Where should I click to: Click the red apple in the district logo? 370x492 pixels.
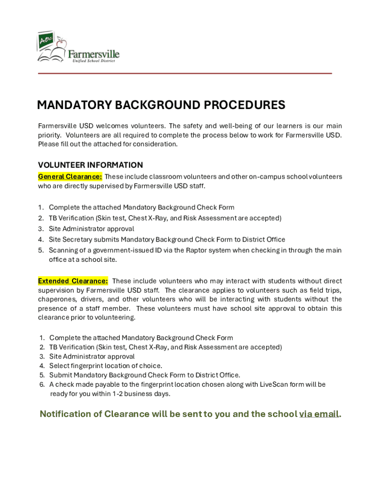pyautogui.click(x=61, y=45)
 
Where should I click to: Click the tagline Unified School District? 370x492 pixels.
pyautogui.click(x=94, y=61)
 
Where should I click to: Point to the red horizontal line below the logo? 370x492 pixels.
pyautogui.click(x=185, y=73)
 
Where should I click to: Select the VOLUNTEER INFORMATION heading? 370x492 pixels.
pyautogui.click(x=90, y=165)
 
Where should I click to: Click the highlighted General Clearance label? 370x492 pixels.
pyautogui.click(x=70, y=176)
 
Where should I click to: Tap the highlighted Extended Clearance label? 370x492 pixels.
pyautogui.click(x=73, y=281)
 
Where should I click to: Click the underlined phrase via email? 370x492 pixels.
pyautogui.click(x=319, y=414)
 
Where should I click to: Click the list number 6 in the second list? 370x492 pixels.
pyautogui.click(x=42, y=384)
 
